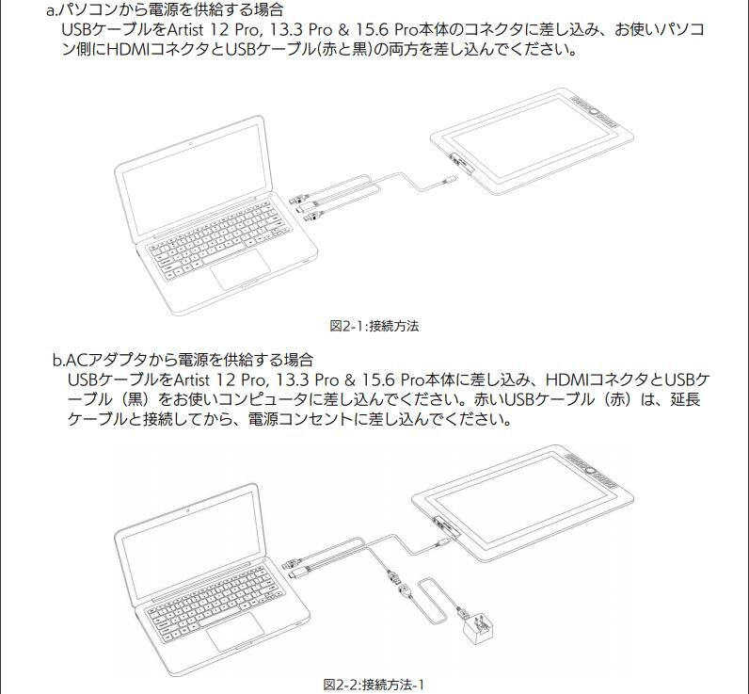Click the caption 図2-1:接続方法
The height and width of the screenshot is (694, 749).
[374, 327]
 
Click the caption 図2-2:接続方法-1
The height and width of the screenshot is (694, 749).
[374, 685]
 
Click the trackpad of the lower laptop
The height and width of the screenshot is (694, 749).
[235, 631]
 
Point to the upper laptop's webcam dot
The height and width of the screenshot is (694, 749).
[191, 143]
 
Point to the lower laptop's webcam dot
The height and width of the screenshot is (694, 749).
[188, 510]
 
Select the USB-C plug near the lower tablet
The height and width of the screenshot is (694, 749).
[442, 542]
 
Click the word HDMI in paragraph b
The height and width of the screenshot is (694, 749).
[567, 380]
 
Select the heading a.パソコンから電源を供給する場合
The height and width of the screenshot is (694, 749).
[165, 9]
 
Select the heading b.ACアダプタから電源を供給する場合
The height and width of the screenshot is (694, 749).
[183, 359]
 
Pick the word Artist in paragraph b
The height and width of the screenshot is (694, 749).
[191, 380]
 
